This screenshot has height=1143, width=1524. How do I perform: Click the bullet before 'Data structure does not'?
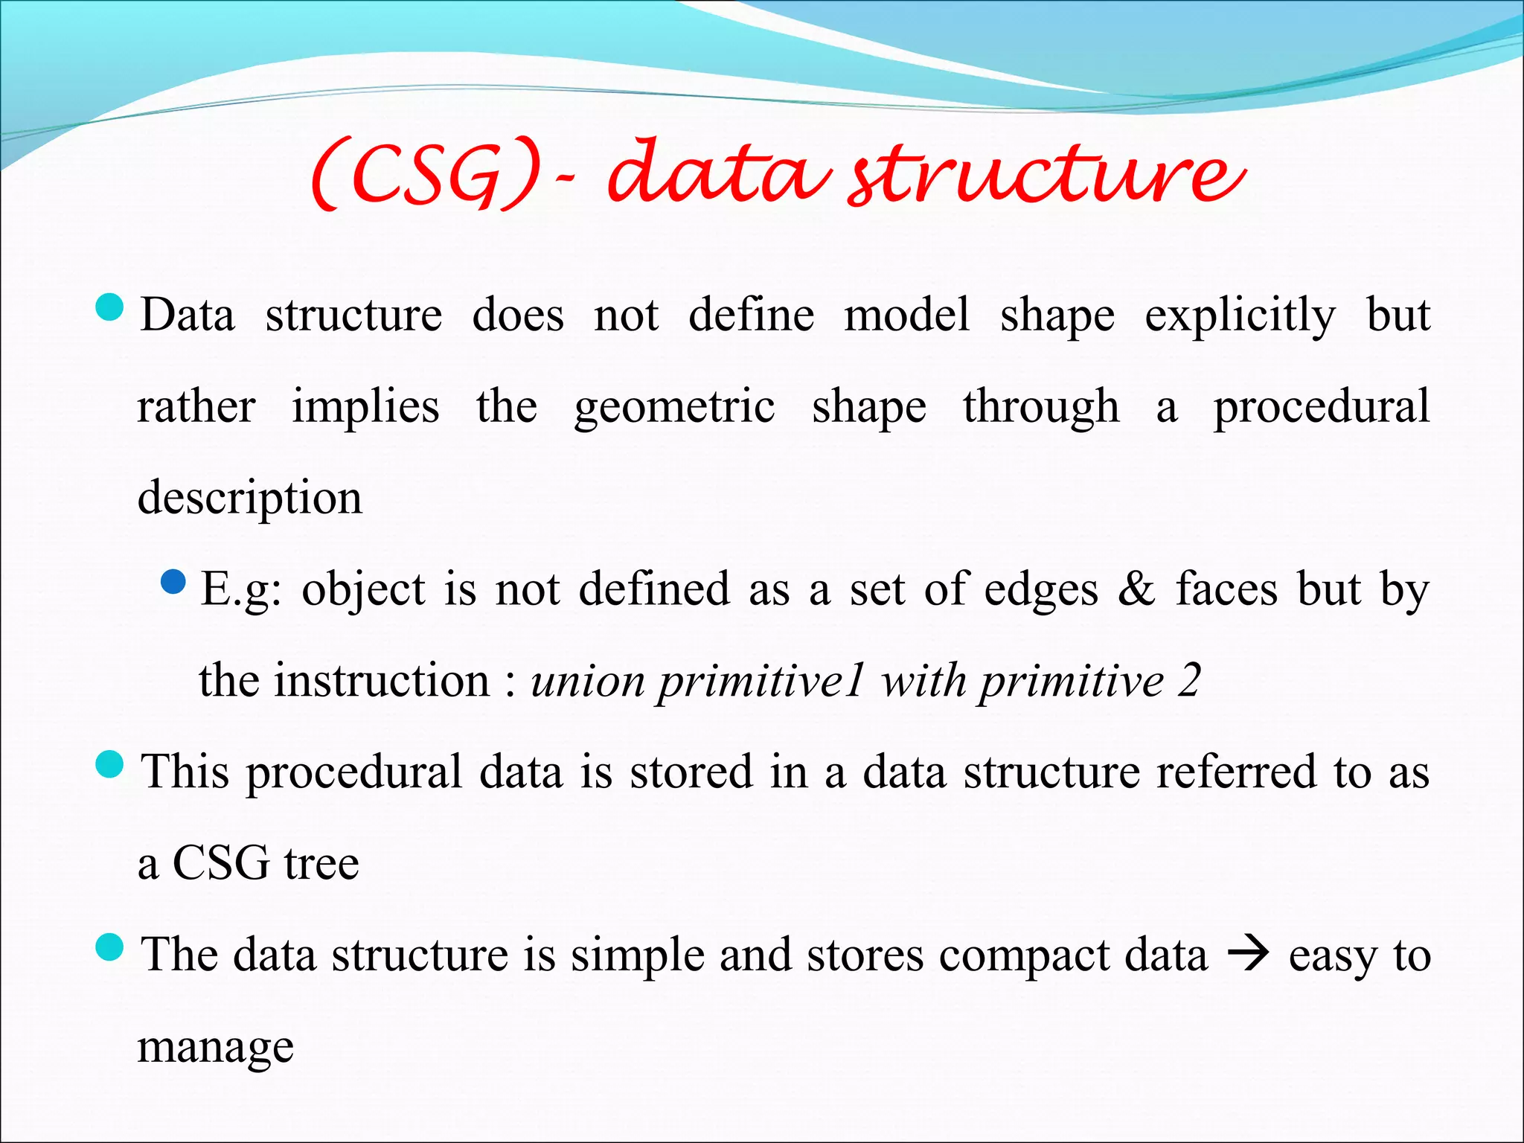[x=110, y=307]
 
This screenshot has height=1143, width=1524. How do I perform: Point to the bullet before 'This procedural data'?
[x=110, y=764]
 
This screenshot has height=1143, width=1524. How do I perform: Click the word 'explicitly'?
[x=1240, y=316]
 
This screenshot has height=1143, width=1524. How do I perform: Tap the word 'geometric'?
[x=674, y=408]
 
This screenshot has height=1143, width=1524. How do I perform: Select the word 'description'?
[x=250, y=499]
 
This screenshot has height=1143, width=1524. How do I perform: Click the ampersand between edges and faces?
[x=1136, y=589]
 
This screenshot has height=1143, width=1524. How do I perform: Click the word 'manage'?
[x=216, y=1047]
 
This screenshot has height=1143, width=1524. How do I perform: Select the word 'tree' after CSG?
[x=321, y=864]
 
